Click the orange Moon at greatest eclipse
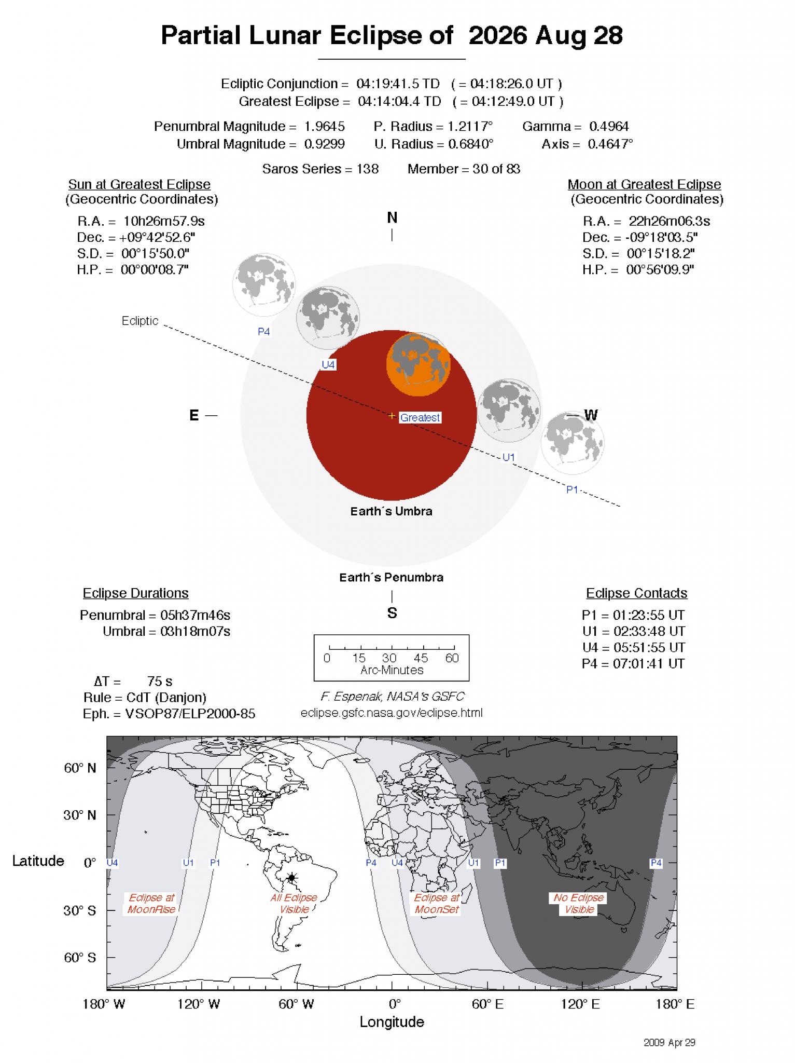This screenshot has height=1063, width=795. [x=418, y=364]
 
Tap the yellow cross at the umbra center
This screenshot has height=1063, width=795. [x=392, y=416]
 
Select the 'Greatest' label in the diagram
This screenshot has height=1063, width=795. [x=420, y=417]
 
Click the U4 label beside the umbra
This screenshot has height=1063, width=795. [x=328, y=365]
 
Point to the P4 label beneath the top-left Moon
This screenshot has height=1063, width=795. [x=264, y=332]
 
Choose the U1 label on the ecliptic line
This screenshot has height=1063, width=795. [x=509, y=457]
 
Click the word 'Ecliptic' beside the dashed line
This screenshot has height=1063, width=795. [x=140, y=321]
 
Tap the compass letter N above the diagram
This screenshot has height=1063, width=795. [x=392, y=218]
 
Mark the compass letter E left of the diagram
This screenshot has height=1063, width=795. [x=194, y=415]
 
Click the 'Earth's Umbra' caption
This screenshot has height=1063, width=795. [x=391, y=511]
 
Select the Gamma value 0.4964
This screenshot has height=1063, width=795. [x=609, y=127]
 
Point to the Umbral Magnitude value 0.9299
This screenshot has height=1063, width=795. [x=324, y=144]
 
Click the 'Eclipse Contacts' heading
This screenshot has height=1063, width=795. [x=636, y=593]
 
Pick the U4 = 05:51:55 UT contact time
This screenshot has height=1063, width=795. [x=633, y=647]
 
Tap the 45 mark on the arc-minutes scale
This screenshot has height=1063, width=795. [x=421, y=658]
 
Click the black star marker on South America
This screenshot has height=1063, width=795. [x=292, y=878]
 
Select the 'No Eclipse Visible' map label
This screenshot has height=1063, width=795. [x=579, y=904]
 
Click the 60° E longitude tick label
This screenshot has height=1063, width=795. [x=487, y=1004]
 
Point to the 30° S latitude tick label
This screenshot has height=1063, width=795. [x=80, y=911]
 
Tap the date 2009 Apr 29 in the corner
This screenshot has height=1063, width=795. [x=669, y=1042]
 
